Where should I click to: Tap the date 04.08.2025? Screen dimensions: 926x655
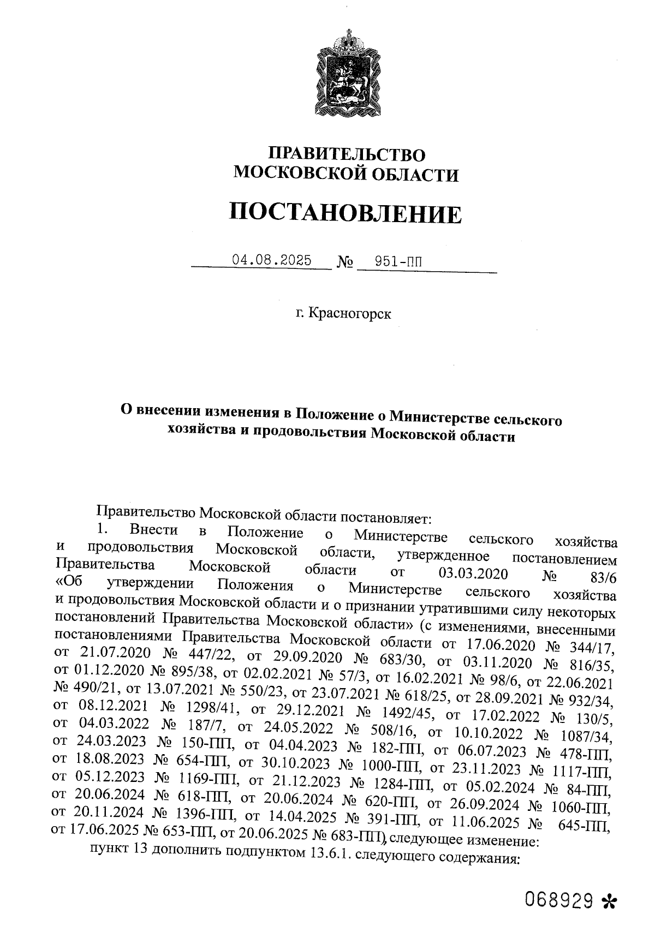[271, 260]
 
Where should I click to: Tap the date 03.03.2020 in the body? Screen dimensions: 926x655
[473, 573]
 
